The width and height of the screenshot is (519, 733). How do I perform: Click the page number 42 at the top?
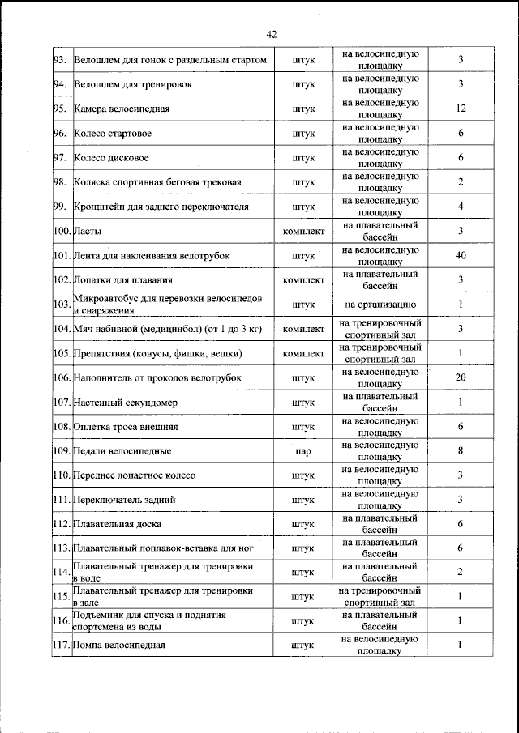pyautogui.click(x=271, y=33)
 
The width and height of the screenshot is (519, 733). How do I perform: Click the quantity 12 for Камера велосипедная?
pyautogui.click(x=460, y=109)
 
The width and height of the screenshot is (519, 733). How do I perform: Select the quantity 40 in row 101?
pyautogui.click(x=460, y=256)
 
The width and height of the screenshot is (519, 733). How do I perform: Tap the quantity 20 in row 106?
pyautogui.click(x=460, y=377)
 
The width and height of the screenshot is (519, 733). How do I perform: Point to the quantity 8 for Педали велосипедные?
pyautogui.click(x=460, y=450)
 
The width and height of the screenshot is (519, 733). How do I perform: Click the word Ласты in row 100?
pyautogui.click(x=87, y=232)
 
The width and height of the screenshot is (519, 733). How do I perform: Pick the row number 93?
pyautogui.click(x=60, y=60)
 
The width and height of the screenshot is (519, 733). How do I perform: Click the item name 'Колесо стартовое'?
pyautogui.click(x=113, y=133)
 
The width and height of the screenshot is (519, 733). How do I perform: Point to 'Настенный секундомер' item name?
pyautogui.click(x=125, y=402)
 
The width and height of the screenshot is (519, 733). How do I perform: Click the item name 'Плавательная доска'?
pyautogui.click(x=117, y=524)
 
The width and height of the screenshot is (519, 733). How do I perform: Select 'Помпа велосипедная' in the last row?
pyautogui.click(x=119, y=645)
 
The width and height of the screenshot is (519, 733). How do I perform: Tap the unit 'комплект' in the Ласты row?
pyautogui.click(x=303, y=232)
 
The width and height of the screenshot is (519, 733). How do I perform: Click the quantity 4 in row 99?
pyautogui.click(x=460, y=207)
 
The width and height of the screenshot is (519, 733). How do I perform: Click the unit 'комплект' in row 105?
pyautogui.click(x=303, y=353)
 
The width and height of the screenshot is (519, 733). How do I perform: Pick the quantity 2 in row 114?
pyautogui.click(x=460, y=573)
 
